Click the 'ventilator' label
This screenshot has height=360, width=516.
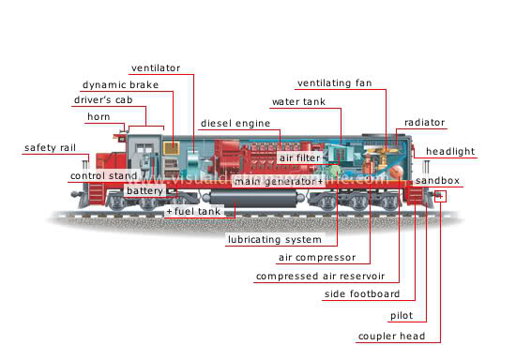click(156, 67)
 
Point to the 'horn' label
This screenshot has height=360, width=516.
click(99, 116)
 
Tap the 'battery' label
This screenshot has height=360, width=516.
click(144, 190)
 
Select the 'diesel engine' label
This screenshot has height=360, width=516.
click(235, 123)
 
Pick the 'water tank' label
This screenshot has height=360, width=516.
click(298, 100)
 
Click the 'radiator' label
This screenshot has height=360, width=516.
click(424, 123)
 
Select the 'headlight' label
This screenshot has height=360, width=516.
click(450, 152)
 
